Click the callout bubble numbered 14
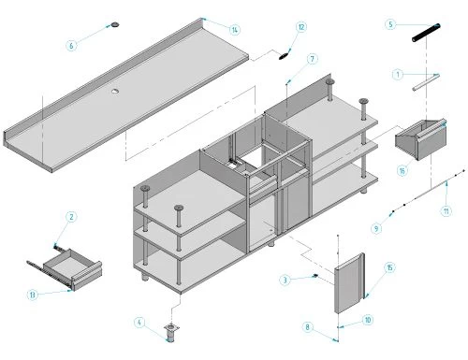coord(235,30)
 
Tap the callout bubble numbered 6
coord(71,46)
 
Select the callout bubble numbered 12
coord(301,27)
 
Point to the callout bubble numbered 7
coord(313,59)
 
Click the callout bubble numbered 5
coord(390,24)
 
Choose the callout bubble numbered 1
coord(398,75)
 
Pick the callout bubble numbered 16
coord(402,170)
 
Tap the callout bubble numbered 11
coord(446,211)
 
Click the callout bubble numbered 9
coord(376,228)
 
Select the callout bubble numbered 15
coord(389,267)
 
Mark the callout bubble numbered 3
coord(285,280)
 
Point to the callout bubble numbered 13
coord(33,295)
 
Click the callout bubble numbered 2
coord(71,217)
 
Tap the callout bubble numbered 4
coord(139,322)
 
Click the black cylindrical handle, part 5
coord(426,33)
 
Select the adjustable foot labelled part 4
coord(171,333)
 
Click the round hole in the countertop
coord(116,91)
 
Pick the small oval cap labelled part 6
coord(115,24)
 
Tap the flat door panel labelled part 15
coord(349,283)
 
